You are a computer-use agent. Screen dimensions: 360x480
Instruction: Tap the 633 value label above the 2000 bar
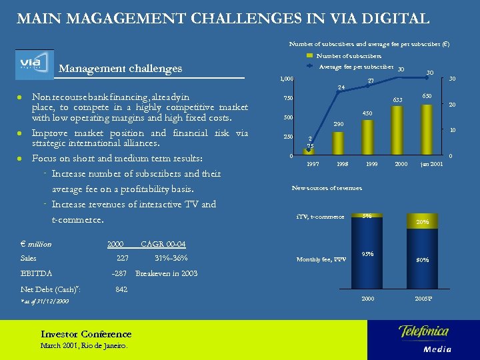[x=397, y=100]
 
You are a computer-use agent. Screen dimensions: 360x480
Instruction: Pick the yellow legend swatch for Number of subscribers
[x=309, y=56]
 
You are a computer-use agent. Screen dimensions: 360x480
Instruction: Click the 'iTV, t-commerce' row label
[x=320, y=217]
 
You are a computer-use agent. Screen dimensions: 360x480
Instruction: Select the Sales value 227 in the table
[x=122, y=259]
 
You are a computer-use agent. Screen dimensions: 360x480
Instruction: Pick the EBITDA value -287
[x=120, y=273]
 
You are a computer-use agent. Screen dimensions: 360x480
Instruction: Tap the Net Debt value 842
[x=121, y=289]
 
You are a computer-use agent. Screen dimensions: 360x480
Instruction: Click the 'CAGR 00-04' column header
[x=163, y=244]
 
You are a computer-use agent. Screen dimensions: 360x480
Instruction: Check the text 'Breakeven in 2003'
[x=166, y=273]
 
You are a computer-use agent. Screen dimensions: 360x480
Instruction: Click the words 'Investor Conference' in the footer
[x=86, y=334]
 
